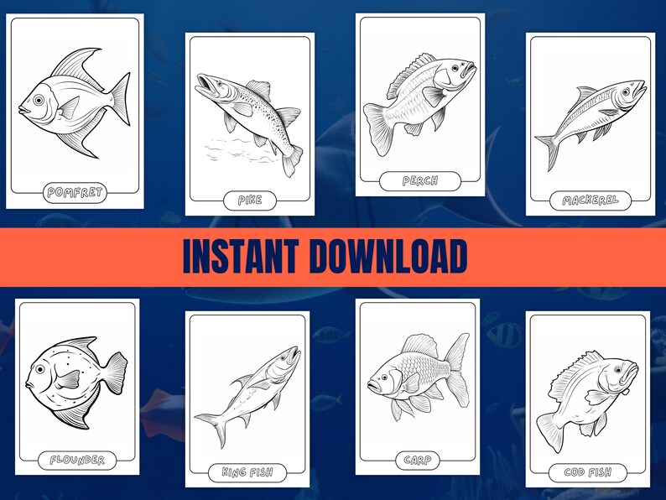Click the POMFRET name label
pos(75,193)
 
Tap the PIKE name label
pos(250,200)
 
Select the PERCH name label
pos(420,180)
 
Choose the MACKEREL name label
pos(591,201)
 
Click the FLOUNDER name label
pos(76,460)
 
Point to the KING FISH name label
pos(247,471)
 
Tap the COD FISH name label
pos(587,473)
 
